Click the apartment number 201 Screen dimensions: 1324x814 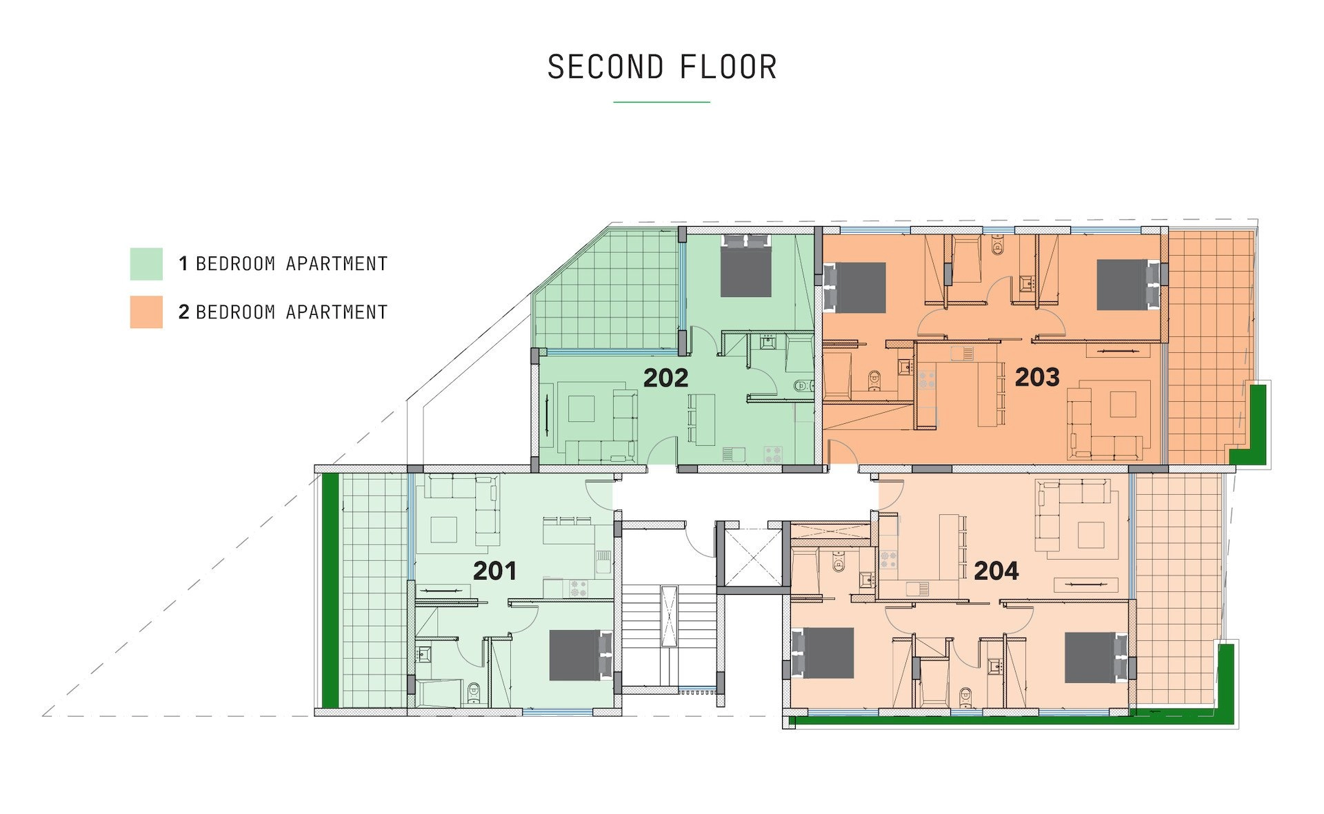(x=494, y=571)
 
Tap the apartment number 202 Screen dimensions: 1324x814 (x=665, y=378)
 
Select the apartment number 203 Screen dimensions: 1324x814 (x=1037, y=377)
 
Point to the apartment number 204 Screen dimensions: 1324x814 (x=996, y=571)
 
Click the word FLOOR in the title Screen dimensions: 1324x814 (x=728, y=68)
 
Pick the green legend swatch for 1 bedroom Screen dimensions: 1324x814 (x=146, y=264)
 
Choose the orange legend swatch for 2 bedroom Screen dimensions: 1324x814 (x=146, y=312)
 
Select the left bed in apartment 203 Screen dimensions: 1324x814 (x=855, y=287)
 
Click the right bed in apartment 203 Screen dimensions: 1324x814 (x=1129, y=285)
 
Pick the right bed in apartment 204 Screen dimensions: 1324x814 (x=1096, y=658)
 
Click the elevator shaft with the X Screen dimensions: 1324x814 (x=750, y=557)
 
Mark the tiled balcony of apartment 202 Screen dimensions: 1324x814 (x=607, y=289)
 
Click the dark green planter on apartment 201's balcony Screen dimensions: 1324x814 (x=331, y=591)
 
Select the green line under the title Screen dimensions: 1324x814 (x=662, y=102)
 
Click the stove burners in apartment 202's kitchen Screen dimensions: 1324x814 (x=773, y=455)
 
